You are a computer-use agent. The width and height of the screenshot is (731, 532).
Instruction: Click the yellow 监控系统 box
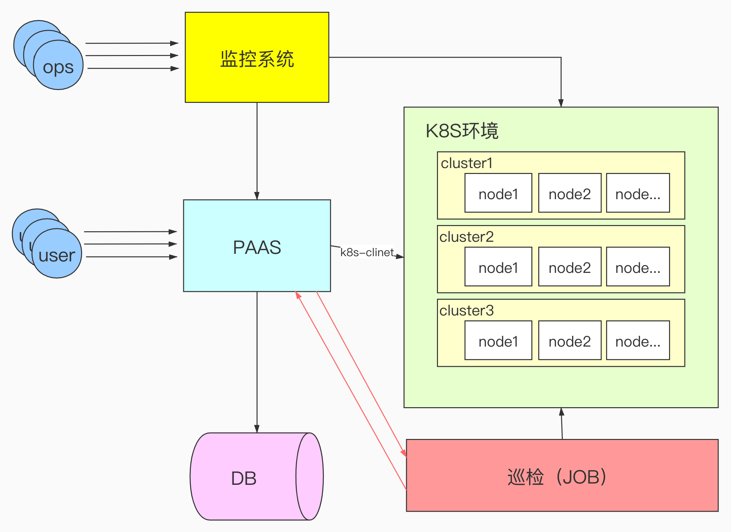[257, 57]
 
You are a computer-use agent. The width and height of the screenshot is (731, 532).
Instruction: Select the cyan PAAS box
[257, 246]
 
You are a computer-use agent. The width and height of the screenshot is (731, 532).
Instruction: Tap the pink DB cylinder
[257, 476]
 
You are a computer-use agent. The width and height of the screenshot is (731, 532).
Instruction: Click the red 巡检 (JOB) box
[562, 475]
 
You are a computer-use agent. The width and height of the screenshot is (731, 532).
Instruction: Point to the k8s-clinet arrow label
[367, 252]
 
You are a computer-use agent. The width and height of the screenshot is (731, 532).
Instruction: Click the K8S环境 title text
[462, 131]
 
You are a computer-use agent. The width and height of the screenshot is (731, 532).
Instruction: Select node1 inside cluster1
[498, 193]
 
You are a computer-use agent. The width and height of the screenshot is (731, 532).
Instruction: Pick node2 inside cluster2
[570, 267]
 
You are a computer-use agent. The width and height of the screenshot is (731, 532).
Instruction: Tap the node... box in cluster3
[638, 340]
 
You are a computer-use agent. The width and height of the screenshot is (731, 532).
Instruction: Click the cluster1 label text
[466, 163]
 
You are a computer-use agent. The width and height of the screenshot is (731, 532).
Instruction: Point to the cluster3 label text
[466, 311]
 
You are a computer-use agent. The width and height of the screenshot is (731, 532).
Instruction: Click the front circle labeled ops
[58, 65]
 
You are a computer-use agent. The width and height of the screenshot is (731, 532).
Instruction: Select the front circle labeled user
[57, 253]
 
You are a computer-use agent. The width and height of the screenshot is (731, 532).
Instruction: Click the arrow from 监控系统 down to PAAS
[257, 151]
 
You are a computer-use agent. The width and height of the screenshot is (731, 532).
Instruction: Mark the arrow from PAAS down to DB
[257, 362]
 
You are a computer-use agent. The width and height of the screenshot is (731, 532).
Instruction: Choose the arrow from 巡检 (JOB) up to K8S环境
[562, 424]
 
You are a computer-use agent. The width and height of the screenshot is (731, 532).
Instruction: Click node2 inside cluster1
[570, 193]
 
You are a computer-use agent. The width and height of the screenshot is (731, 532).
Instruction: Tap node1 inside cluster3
[498, 340]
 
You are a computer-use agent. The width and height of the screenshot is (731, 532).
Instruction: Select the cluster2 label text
[466, 237]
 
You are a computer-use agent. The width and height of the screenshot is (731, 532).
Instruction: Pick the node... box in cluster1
[638, 193]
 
